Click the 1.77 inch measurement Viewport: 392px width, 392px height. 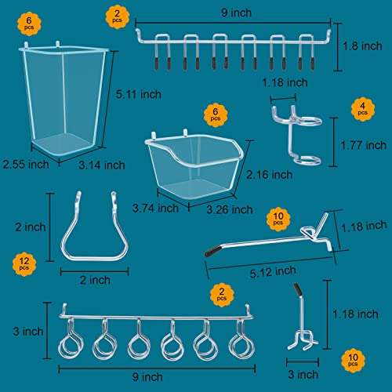point(365,144)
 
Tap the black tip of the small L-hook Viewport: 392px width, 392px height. point(296,289)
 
